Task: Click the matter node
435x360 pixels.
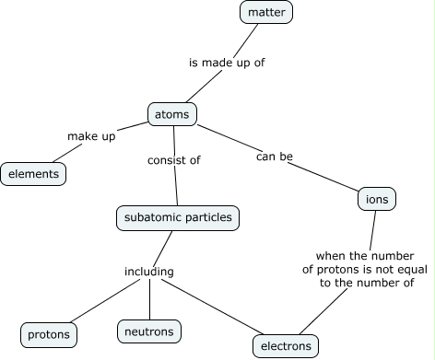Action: click(266, 13)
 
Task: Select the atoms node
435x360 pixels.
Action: click(172, 115)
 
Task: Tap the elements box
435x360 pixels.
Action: click(33, 173)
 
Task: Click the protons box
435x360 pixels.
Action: click(48, 333)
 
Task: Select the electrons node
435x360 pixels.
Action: click(286, 346)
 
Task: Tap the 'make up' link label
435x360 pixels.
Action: click(90, 136)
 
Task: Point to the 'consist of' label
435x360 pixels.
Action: click(174, 159)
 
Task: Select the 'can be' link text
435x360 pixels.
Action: click(274, 157)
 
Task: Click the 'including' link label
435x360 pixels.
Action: click(149, 272)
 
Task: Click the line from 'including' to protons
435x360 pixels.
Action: click(100, 303)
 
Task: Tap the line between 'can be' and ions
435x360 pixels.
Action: click(327, 178)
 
